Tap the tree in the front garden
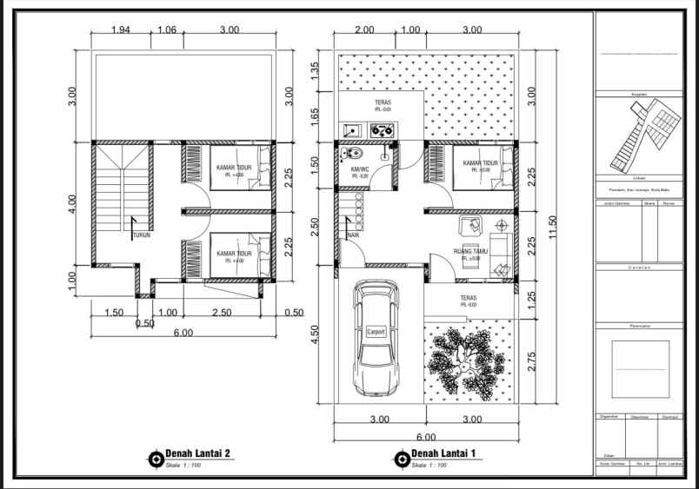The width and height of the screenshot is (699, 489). click(467, 360)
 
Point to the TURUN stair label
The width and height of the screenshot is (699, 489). click(142, 235)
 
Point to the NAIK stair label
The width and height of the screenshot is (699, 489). click(353, 235)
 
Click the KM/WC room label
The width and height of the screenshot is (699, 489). click(361, 169)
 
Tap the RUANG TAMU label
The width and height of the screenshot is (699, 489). click(470, 252)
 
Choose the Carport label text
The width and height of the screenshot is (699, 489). click(376, 332)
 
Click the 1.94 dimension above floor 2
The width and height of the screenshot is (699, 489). click(122, 30)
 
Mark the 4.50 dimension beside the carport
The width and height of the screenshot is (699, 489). click(316, 334)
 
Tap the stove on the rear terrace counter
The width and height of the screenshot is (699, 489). click(382, 130)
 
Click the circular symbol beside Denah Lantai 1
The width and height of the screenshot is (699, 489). click(402, 458)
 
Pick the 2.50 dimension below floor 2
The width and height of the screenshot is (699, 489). click(221, 313)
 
